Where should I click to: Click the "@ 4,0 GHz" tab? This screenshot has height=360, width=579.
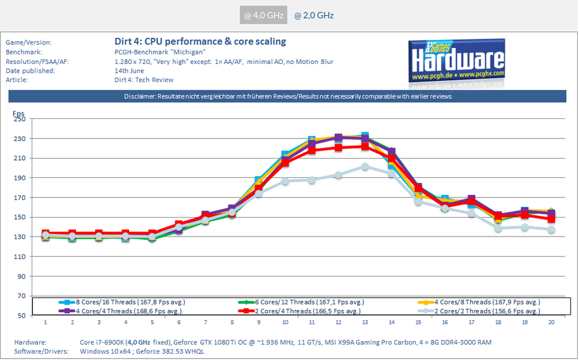(263, 15)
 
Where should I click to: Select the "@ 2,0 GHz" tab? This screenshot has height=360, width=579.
(314, 15)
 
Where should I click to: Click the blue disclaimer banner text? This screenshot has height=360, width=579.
(287, 97)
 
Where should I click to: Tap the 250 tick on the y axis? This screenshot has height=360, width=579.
(19, 119)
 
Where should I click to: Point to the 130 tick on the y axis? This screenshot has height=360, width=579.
(19, 237)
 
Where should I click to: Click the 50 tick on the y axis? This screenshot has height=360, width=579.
(20, 315)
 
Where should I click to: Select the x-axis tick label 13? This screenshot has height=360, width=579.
(364, 322)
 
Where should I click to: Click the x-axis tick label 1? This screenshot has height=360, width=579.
(45, 322)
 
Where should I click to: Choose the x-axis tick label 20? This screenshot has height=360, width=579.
(551, 322)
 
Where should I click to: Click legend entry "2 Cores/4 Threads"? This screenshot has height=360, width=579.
(305, 311)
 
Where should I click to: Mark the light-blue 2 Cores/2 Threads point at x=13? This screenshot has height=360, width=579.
(364, 166)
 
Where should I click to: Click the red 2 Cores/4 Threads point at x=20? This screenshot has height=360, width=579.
(551, 219)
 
